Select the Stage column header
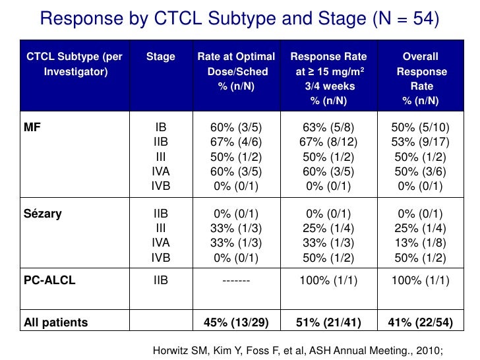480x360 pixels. coord(161,57)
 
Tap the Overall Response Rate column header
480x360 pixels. coord(420,78)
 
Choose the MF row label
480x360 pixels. coord(32,127)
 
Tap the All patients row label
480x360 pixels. coord(55,322)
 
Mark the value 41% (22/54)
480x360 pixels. coord(420,322)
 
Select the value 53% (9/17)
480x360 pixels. coord(420,142)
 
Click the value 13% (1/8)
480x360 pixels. coord(420,244)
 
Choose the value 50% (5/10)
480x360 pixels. coord(420,127)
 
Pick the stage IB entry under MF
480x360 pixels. coord(161,127)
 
